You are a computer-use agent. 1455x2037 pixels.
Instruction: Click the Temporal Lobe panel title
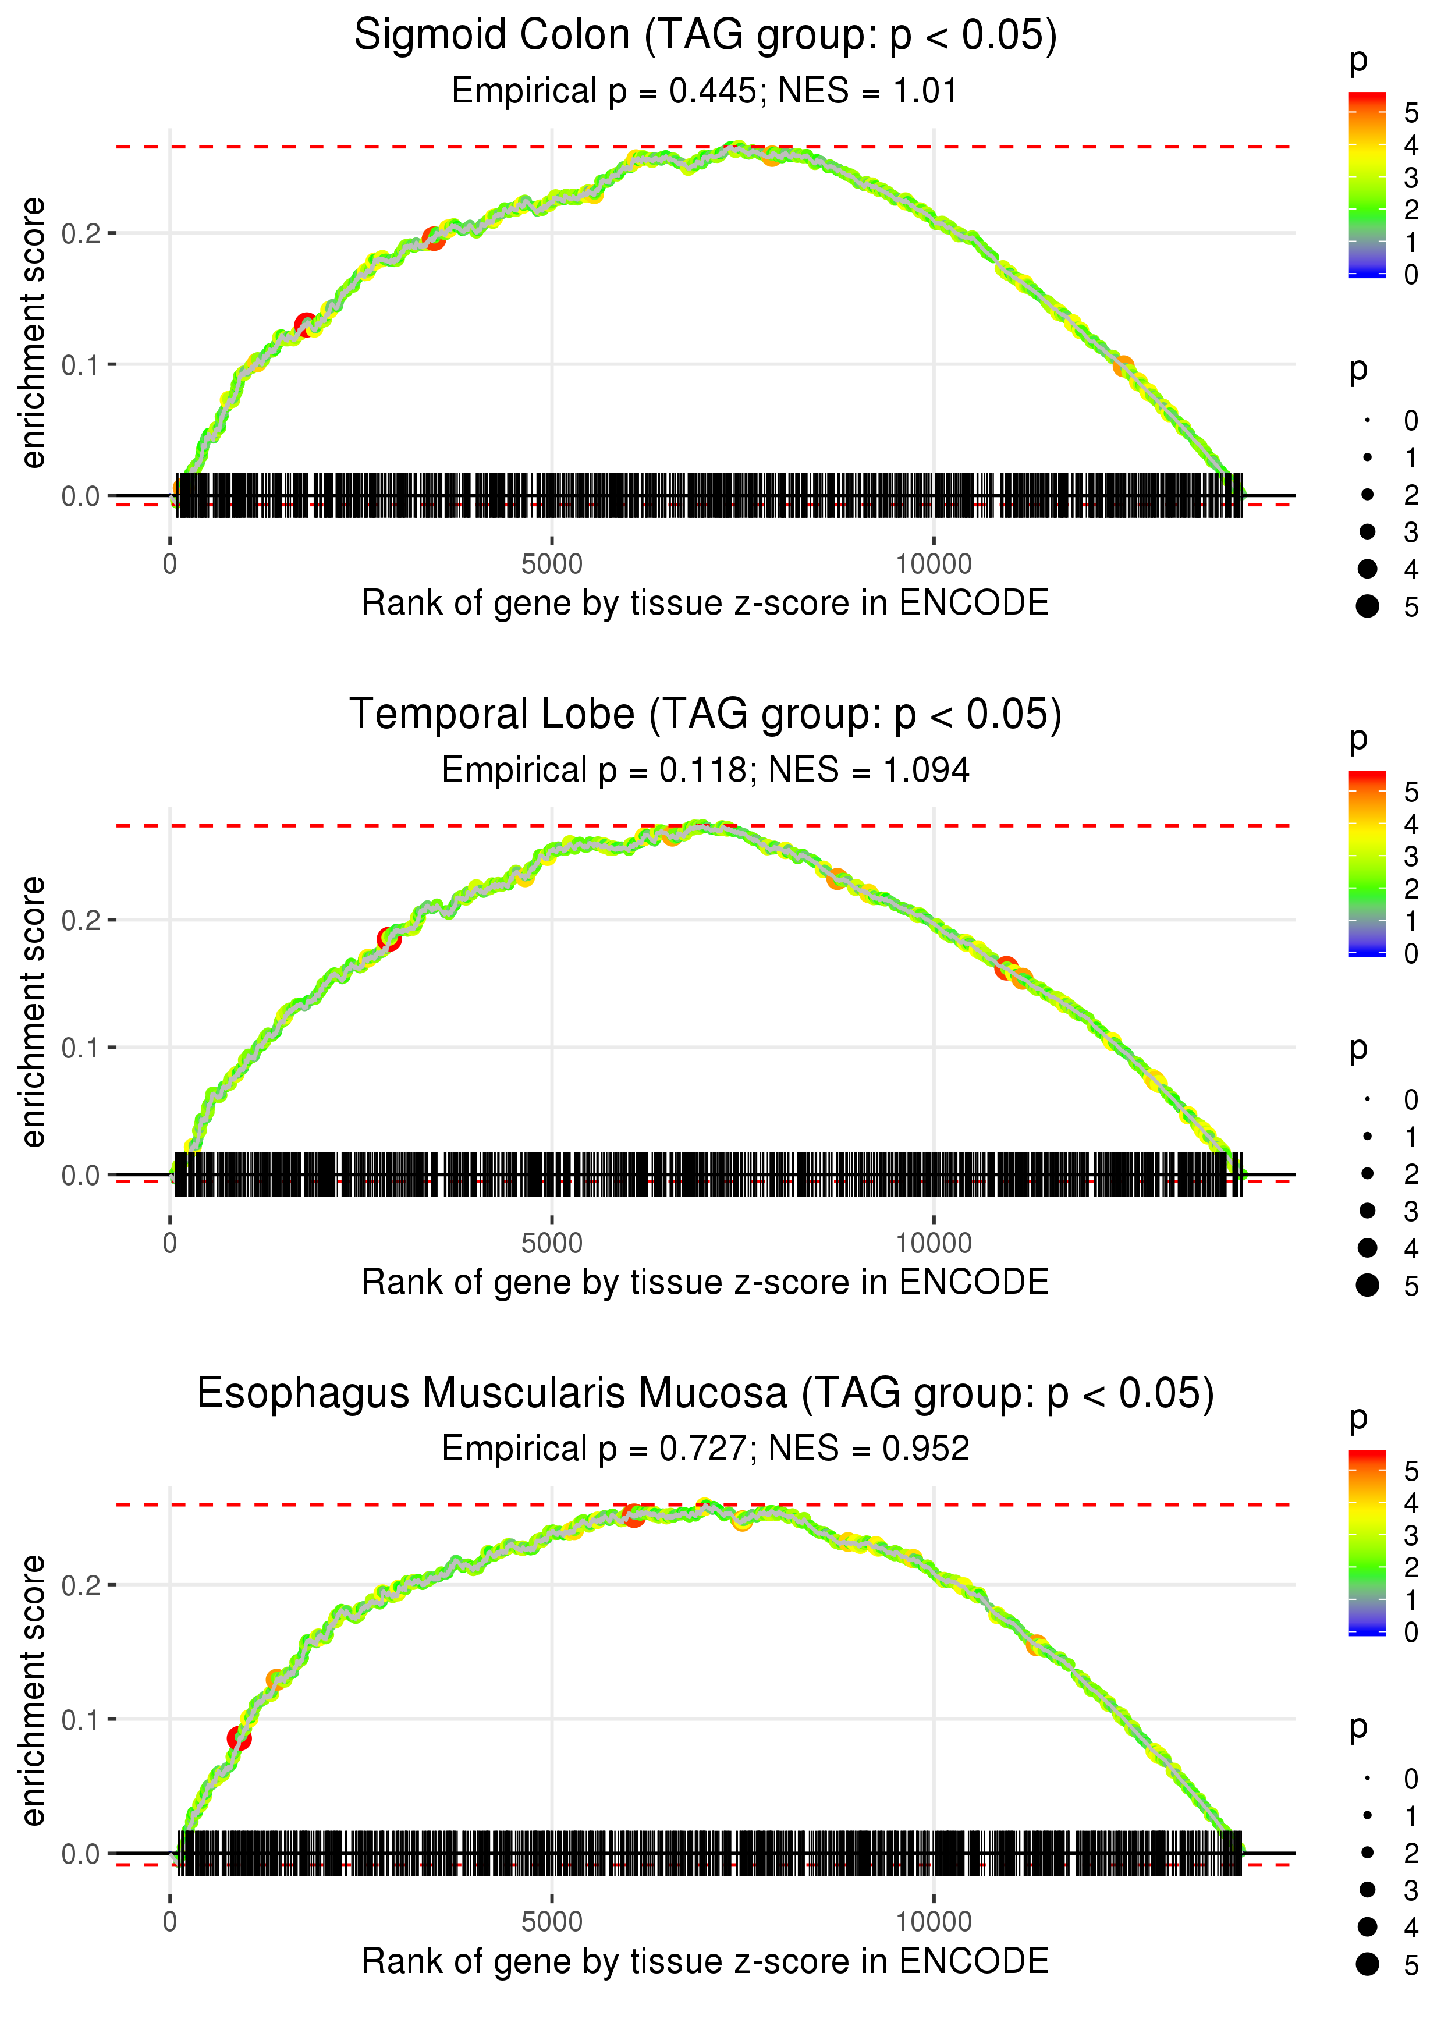(x=705, y=715)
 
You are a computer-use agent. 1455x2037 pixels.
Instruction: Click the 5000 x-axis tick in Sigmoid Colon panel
(x=552, y=565)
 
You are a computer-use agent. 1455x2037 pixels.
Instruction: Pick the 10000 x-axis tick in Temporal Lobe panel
(x=934, y=1243)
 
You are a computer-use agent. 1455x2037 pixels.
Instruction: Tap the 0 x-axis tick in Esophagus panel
(x=170, y=1922)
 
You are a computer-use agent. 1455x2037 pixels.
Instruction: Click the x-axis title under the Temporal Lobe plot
(x=705, y=1283)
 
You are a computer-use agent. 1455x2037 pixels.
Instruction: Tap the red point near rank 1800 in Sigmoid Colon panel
(x=306, y=324)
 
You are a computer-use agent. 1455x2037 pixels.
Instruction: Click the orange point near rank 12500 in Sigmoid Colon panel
(x=1123, y=367)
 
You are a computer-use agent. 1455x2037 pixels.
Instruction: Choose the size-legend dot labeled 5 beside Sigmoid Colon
(x=1367, y=606)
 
